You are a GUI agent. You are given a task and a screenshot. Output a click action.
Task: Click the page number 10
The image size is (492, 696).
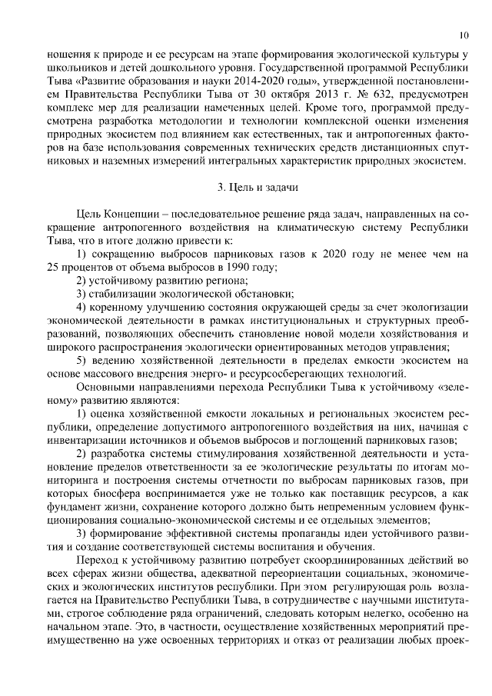464,35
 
